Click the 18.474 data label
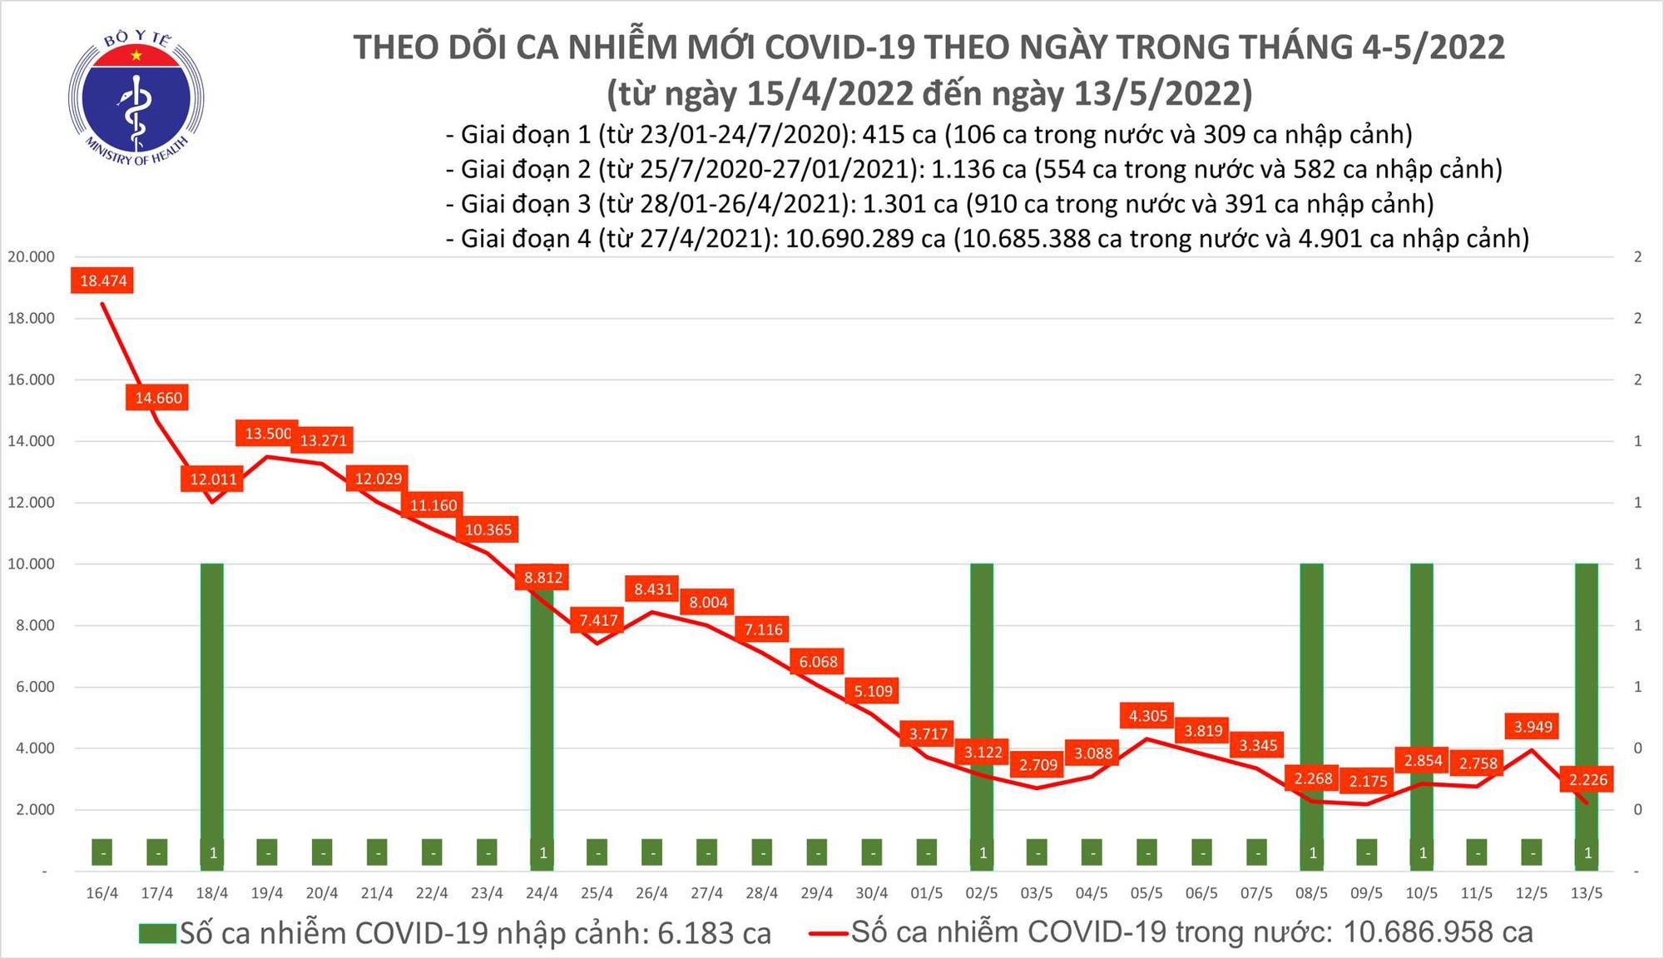(103, 281)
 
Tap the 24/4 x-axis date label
(542, 893)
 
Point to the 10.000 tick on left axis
(32, 564)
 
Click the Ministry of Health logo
(136, 98)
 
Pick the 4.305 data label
(1148, 715)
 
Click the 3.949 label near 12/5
(1533, 727)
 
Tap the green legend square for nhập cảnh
(157, 933)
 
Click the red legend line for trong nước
(828, 933)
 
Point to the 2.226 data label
(1587, 779)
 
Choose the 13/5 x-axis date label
(1587, 893)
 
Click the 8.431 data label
(653, 589)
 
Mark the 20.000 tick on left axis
(32, 256)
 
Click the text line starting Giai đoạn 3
(939, 204)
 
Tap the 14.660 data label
(158, 398)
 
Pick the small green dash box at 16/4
(102, 852)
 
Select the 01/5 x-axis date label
(927, 893)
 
